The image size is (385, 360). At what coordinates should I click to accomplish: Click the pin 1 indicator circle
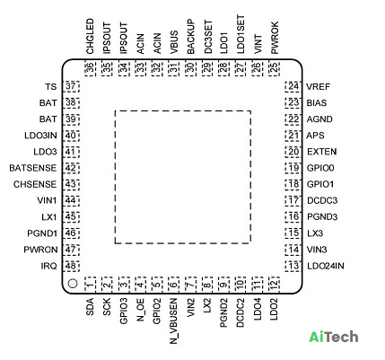[73, 284]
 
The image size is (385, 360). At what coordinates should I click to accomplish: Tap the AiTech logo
[334, 337]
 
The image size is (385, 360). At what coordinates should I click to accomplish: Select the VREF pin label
[318, 87]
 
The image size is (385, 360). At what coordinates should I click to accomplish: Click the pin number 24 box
[293, 86]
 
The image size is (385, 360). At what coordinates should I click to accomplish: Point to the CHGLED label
[90, 36]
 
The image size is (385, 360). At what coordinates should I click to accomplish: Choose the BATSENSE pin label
[33, 168]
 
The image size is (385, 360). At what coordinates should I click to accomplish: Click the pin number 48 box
[71, 266]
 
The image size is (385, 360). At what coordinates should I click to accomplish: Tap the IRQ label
[48, 266]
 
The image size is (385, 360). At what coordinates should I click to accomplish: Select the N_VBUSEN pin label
[174, 320]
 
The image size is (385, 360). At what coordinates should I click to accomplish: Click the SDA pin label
[90, 306]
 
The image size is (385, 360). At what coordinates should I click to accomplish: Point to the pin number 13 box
[293, 266]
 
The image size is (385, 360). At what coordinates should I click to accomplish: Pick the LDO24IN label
[326, 266]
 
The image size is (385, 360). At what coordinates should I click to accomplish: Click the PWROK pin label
[275, 38]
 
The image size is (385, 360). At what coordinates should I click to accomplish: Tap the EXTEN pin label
[322, 152]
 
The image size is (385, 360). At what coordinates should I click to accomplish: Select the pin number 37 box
[71, 86]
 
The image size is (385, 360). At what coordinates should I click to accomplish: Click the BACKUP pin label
[190, 37]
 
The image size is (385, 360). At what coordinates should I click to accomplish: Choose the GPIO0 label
[320, 168]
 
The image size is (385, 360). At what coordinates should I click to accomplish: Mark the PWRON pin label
[40, 250]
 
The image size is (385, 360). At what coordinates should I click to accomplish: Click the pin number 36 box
[90, 68]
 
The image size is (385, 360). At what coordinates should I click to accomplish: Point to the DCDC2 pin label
[241, 312]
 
